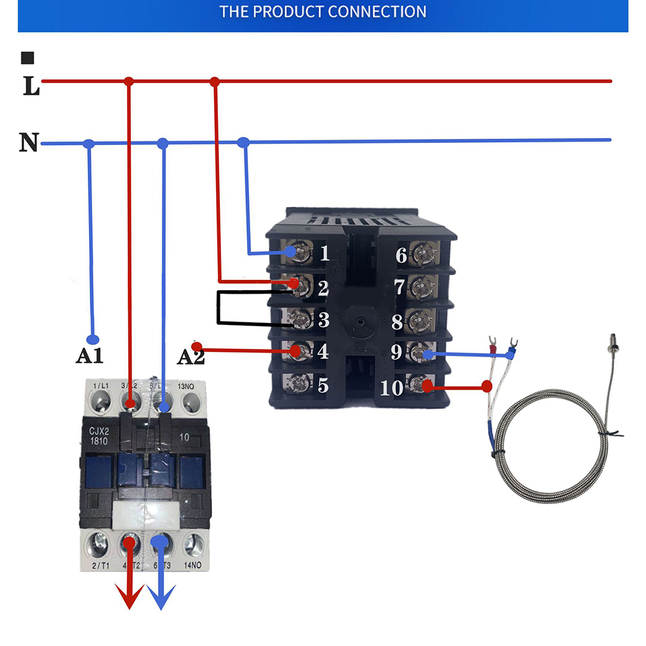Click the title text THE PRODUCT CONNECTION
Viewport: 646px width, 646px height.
(323, 12)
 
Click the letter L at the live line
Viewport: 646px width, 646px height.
(31, 86)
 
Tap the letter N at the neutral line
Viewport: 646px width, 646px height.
(28, 142)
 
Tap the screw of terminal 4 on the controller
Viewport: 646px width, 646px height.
(297, 351)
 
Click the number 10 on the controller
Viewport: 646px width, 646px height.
(393, 389)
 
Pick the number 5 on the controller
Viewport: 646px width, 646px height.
(324, 386)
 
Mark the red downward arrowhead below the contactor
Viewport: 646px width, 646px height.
(131, 599)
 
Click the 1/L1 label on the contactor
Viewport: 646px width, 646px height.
(101, 386)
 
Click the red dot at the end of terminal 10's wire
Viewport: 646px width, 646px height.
(487, 387)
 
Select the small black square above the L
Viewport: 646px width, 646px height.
(28, 59)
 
